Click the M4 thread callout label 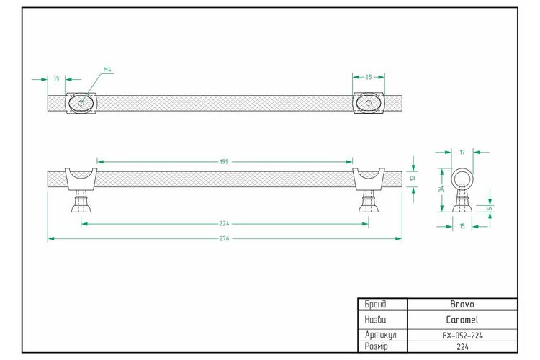[x=107, y=70]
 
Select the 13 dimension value [x=56, y=79]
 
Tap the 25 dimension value [x=369, y=77]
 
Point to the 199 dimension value [x=224, y=161]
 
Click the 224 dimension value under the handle [x=224, y=224]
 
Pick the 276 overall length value [x=224, y=238]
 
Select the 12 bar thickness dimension [x=413, y=178]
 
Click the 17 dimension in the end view [x=462, y=152]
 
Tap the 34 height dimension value [x=441, y=189]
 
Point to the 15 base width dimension [x=462, y=226]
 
